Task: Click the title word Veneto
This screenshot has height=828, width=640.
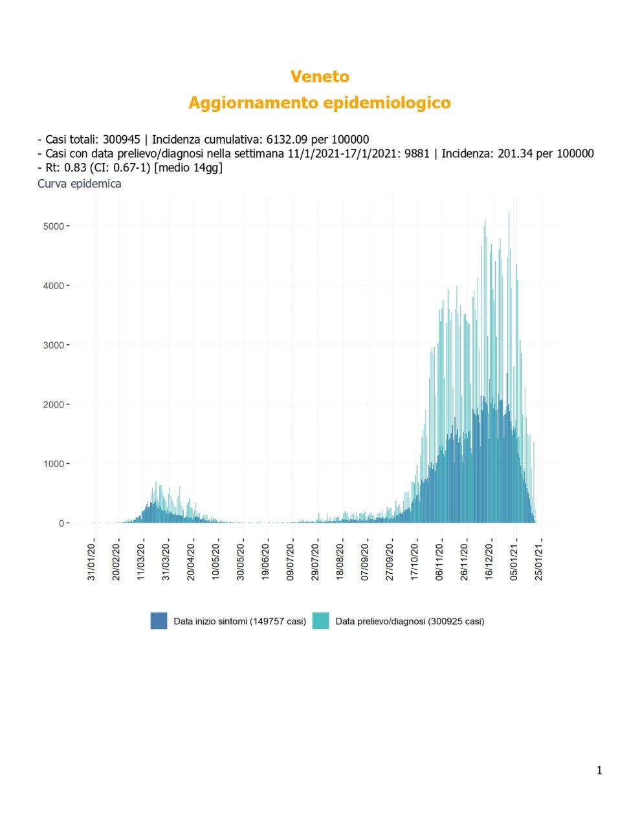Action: [320, 76]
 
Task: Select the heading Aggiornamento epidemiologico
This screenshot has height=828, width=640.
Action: [320, 103]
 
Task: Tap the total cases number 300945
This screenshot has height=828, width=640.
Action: [121, 140]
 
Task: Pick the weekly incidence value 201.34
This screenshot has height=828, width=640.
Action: [515, 153]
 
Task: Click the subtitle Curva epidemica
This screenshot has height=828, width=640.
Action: [80, 184]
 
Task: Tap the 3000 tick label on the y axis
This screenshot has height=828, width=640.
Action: [54, 345]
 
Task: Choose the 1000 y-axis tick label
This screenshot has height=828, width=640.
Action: [54, 464]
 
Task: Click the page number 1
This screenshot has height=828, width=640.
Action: [599, 770]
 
